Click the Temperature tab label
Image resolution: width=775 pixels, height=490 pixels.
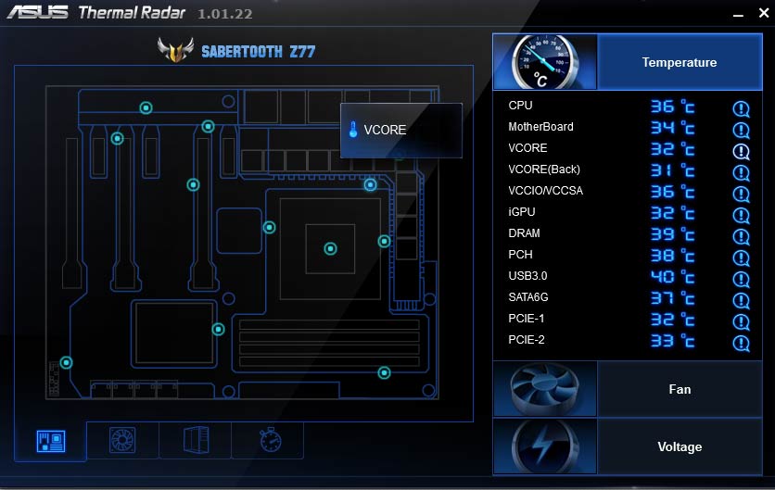(x=680, y=62)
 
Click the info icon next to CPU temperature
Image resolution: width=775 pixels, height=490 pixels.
(x=741, y=108)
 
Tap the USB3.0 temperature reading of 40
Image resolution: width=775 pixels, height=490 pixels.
(x=662, y=276)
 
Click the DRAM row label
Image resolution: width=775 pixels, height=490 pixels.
(x=524, y=233)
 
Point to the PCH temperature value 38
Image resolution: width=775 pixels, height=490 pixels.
(x=662, y=255)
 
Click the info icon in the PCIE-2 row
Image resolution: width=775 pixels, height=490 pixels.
(x=741, y=343)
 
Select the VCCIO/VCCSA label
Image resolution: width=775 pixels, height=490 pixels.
(x=546, y=191)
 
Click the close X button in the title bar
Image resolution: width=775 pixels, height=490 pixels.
(x=764, y=13)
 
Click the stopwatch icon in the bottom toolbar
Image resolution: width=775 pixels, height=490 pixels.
(x=271, y=440)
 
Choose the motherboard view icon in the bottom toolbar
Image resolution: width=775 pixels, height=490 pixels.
(x=50, y=441)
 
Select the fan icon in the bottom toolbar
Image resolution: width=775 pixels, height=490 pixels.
(x=122, y=440)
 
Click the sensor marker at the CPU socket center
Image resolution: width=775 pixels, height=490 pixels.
(x=330, y=248)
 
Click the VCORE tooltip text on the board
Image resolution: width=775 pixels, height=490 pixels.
(x=385, y=130)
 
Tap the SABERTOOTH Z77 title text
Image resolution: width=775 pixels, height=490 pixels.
(x=258, y=51)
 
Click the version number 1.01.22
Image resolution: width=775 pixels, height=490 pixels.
(x=225, y=14)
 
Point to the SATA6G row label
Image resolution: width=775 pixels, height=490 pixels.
(x=527, y=297)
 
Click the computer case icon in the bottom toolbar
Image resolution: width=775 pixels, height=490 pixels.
(x=197, y=440)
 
